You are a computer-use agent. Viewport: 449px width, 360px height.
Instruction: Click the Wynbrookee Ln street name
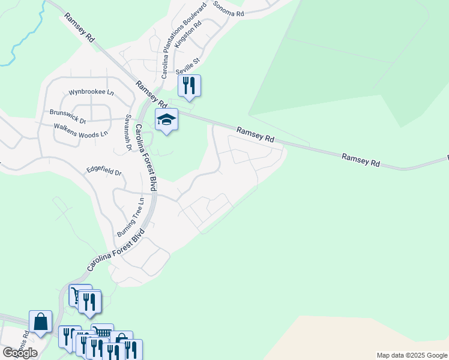point(91,92)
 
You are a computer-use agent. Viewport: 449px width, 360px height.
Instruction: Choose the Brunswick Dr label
point(68,116)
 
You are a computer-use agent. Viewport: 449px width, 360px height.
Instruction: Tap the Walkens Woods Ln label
point(80,130)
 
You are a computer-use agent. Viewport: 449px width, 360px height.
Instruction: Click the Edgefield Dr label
point(104,172)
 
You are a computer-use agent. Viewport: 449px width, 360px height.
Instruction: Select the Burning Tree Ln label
point(131,217)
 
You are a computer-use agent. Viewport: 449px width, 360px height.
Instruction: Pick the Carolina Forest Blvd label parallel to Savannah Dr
point(145,157)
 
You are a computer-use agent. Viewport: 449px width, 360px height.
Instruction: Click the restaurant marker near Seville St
point(189,86)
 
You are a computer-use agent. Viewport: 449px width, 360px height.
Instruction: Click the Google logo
point(20,353)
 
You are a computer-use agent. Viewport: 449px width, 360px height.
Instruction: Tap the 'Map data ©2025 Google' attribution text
point(411,355)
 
